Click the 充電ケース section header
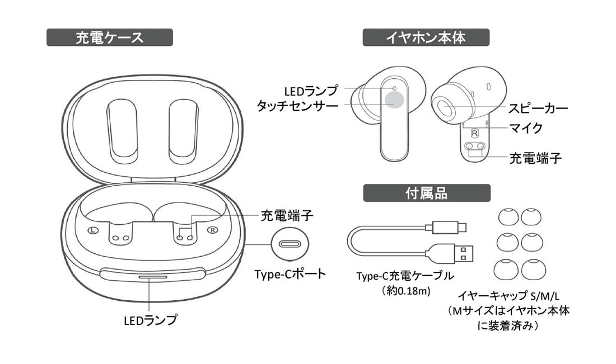[x=109, y=37]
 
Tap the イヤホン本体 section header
[x=426, y=37]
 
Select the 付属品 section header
[x=426, y=193]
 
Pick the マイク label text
[x=525, y=128]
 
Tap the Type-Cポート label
[x=290, y=275]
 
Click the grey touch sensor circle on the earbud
[x=394, y=100]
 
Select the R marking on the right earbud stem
[x=474, y=133]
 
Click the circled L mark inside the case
[x=94, y=230]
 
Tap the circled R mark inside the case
[x=212, y=230]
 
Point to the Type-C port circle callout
[x=290, y=244]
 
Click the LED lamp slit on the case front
[x=151, y=277]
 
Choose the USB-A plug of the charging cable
[x=461, y=253]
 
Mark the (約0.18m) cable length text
[x=404, y=290]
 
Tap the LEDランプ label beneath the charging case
[x=150, y=320]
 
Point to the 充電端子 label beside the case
[x=286, y=215]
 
